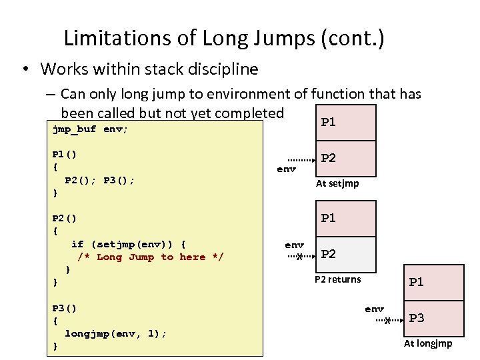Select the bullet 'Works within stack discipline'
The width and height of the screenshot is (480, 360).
click(149, 69)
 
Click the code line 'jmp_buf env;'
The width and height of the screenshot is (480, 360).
click(90, 129)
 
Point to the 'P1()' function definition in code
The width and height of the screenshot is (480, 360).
click(65, 154)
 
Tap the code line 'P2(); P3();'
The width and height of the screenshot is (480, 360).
click(99, 180)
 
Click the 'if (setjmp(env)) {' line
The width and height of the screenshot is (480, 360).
click(129, 244)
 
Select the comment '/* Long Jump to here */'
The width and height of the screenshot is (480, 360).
click(151, 257)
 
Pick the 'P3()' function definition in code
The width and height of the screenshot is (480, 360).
click(65, 308)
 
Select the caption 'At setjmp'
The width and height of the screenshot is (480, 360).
click(337, 183)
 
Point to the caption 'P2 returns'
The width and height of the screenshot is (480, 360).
click(337, 279)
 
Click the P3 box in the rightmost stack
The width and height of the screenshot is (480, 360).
click(433, 319)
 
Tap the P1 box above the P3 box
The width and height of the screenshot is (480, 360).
click(433, 282)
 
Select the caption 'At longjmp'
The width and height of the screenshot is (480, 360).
click(428, 343)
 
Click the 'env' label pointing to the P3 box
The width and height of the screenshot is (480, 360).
click(374, 309)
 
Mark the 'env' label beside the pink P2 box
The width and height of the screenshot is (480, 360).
click(286, 169)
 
